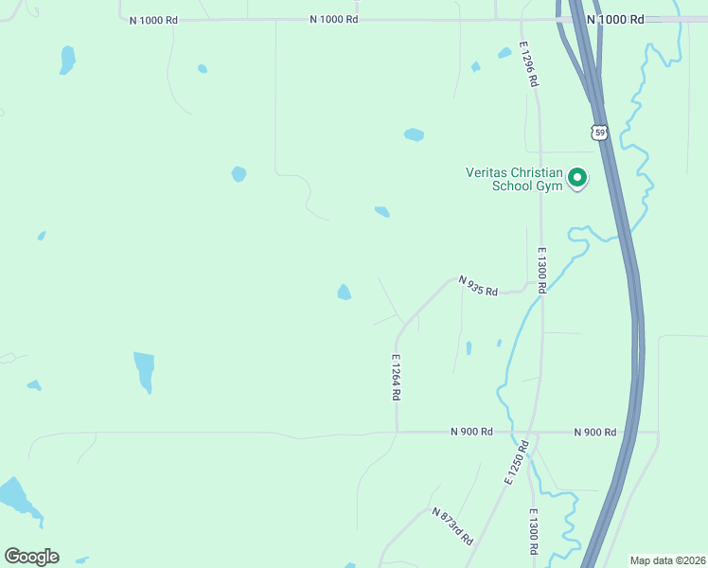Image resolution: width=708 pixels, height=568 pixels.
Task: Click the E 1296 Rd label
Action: pos(528,64)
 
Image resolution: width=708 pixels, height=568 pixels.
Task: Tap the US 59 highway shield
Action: pos(599,133)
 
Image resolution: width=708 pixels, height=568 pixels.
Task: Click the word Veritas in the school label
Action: pos(488,172)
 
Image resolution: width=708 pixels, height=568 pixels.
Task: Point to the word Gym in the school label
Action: pos(551,186)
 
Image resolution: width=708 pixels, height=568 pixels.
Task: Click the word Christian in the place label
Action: pos(540,172)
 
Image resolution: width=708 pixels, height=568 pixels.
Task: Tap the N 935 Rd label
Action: pos(478,285)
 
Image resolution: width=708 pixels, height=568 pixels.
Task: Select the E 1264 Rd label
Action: pos(396,378)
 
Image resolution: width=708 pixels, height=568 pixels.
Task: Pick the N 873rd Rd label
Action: pos(451,526)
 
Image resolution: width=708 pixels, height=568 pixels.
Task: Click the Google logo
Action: pos(31,557)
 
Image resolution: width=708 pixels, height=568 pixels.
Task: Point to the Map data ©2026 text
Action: pos(666,559)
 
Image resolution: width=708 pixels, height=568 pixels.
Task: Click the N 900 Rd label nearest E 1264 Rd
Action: pos(471,432)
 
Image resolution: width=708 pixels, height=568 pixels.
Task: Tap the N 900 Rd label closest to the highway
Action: pos(594,432)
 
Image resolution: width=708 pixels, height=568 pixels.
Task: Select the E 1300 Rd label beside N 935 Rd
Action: pos(542,269)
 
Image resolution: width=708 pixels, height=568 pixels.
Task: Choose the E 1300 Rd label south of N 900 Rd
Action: pos(533,531)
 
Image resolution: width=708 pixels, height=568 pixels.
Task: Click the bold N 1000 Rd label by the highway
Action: pos(615,19)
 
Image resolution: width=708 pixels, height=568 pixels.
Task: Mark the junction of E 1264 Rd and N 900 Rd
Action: pos(396,432)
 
